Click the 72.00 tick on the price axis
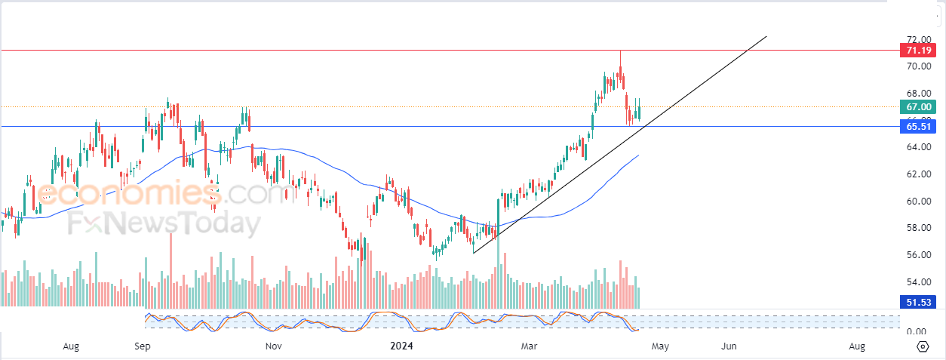click(917, 39)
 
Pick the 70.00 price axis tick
click(917, 66)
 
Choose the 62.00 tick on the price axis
click(917, 174)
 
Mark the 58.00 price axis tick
click(917, 228)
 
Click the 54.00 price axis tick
click(917, 282)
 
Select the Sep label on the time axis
click(143, 346)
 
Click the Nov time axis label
click(274, 346)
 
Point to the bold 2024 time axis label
click(401, 346)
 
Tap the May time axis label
click(660, 346)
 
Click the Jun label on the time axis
click(729, 346)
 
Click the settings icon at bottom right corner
click(923, 346)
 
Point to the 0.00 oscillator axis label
click(916, 331)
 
